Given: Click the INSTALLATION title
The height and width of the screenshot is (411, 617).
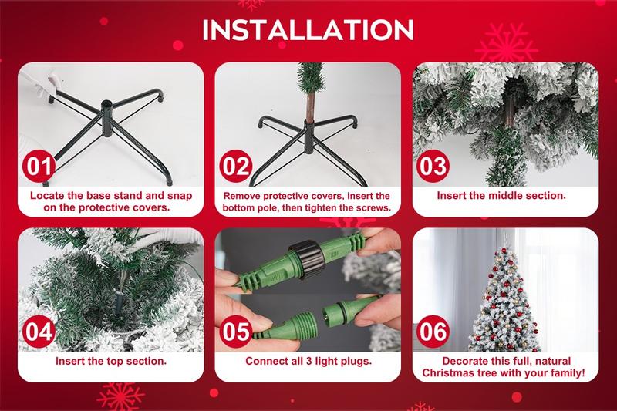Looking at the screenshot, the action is pyautogui.click(x=308, y=29).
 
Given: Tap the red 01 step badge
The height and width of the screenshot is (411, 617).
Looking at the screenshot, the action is pyautogui.click(x=39, y=166).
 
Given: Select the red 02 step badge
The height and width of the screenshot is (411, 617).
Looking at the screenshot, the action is pyautogui.click(x=236, y=166).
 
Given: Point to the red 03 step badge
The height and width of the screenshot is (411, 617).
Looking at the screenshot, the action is pyautogui.click(x=433, y=166).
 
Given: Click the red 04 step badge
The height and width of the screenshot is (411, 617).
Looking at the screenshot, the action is pyautogui.click(x=39, y=332).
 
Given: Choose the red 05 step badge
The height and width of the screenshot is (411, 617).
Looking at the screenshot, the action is pyautogui.click(x=236, y=332).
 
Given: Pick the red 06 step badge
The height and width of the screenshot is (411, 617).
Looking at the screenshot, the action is pyautogui.click(x=433, y=332).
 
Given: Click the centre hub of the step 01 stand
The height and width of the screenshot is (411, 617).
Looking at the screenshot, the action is pyautogui.click(x=107, y=118).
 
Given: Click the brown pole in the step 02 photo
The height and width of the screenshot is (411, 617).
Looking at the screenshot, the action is pyautogui.click(x=311, y=107).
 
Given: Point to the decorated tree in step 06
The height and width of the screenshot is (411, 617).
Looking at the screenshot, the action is pyautogui.click(x=504, y=301).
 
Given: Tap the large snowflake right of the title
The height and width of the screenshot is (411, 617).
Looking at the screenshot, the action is pyautogui.click(x=507, y=45).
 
